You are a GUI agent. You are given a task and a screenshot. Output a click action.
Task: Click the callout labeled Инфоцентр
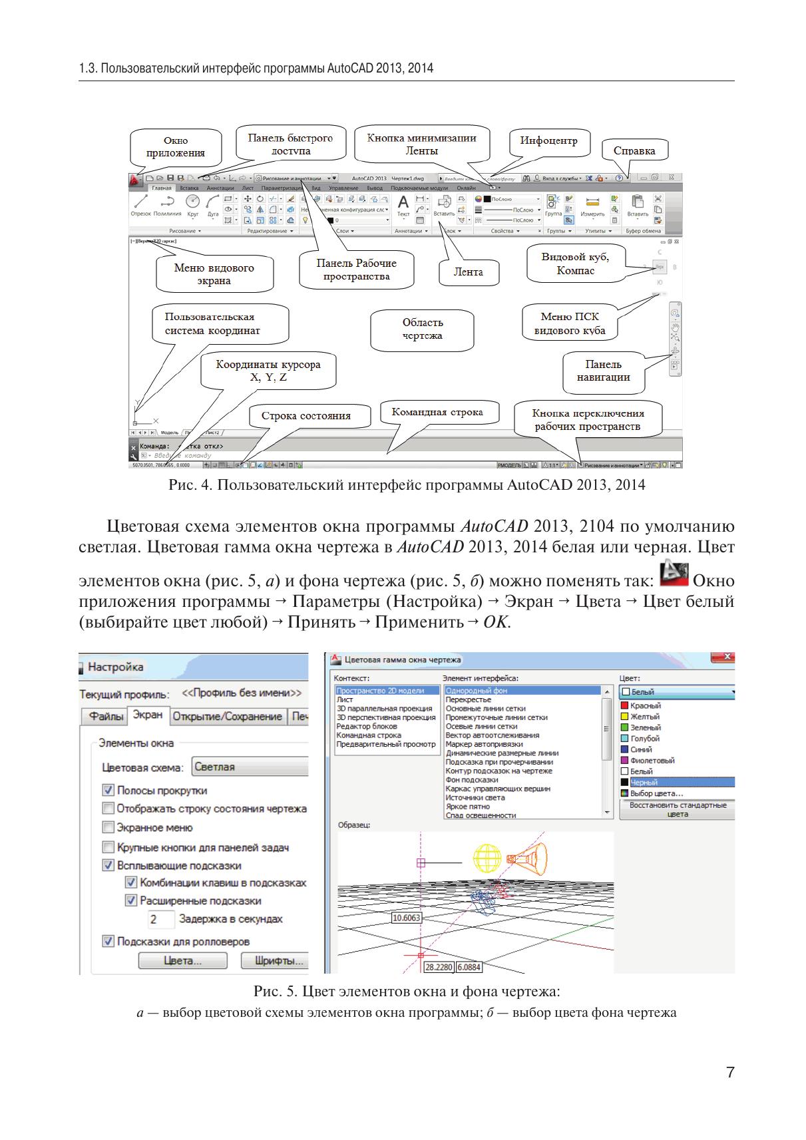[548, 141]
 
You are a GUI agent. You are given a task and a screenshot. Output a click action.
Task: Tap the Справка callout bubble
[634, 150]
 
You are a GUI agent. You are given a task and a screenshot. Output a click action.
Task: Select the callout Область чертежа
[422, 329]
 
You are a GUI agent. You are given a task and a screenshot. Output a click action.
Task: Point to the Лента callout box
[468, 272]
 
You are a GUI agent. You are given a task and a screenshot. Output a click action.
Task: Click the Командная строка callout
[437, 413]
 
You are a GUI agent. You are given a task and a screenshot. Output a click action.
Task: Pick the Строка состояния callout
[305, 416]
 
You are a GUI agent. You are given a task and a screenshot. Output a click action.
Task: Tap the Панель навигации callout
[603, 371]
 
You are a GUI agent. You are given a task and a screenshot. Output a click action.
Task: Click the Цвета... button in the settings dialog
[182, 961]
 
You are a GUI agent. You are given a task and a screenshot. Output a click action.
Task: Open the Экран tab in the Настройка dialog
[147, 715]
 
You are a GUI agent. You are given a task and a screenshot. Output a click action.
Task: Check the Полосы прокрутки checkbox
[108, 790]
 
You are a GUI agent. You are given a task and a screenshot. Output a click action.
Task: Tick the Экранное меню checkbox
[108, 827]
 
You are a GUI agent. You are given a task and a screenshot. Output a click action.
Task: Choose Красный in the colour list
[645, 705]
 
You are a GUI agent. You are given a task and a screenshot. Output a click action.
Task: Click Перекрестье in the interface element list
[469, 699]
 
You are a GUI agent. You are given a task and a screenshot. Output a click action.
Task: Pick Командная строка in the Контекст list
[369, 735]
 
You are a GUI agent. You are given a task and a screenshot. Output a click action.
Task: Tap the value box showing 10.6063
[406, 918]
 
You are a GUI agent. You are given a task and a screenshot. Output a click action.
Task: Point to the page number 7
[729, 1073]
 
